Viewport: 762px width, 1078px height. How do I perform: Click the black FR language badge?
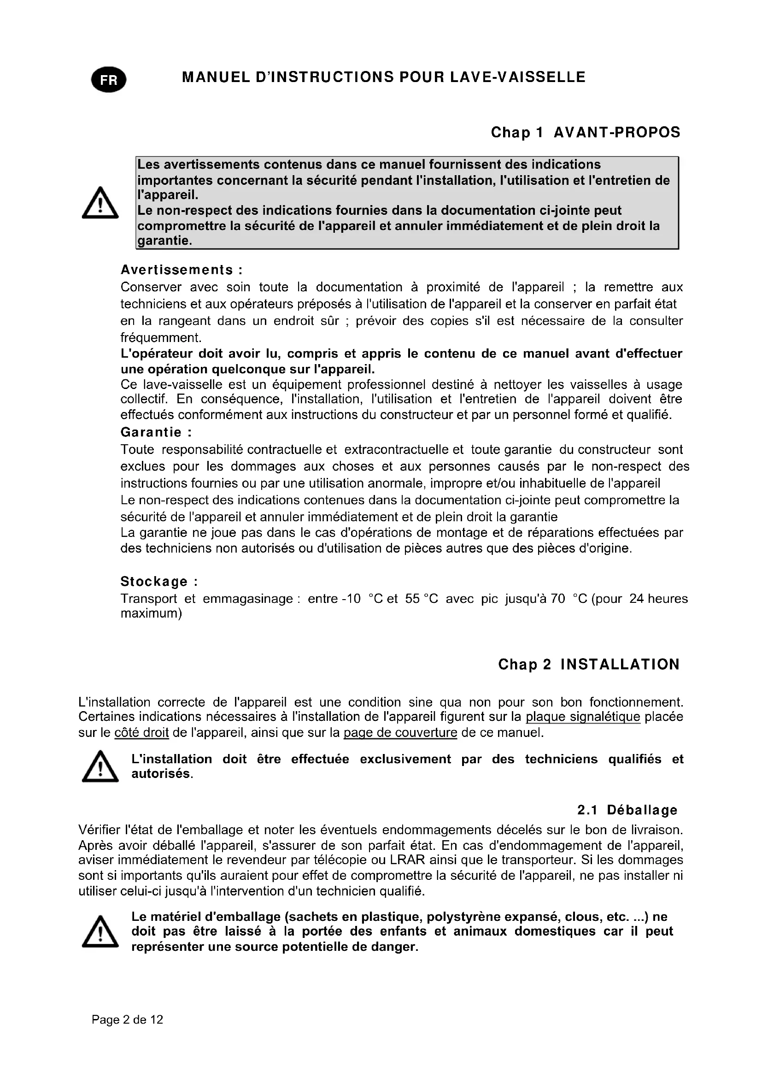pyautogui.click(x=108, y=80)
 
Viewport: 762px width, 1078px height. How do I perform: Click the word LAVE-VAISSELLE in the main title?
pyautogui.click(x=517, y=77)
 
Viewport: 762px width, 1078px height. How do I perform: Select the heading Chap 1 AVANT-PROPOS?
pyautogui.click(x=585, y=132)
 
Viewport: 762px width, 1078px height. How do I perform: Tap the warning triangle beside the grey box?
pyautogui.click(x=100, y=203)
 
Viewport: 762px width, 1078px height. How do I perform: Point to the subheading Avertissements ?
pyautogui.click(x=182, y=270)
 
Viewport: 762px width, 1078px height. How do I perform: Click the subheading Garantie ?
pyautogui.click(x=156, y=432)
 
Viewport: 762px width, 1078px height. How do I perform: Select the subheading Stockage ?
pyautogui.click(x=159, y=581)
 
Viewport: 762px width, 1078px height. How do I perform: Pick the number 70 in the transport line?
pyautogui.click(x=558, y=599)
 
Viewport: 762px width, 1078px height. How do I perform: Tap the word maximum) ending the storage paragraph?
pyautogui.click(x=151, y=613)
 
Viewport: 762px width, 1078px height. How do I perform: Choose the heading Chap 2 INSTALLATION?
pyautogui.click(x=589, y=665)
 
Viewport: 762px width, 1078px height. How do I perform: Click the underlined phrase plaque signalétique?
pyautogui.click(x=583, y=717)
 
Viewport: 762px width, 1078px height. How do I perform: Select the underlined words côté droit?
pyautogui.click(x=141, y=732)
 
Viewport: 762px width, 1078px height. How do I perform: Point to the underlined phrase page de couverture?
pyautogui.click(x=400, y=732)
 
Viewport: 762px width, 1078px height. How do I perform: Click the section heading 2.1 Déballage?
pyautogui.click(x=627, y=810)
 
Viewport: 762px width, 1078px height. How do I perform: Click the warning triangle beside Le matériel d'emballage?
pyautogui.click(x=100, y=931)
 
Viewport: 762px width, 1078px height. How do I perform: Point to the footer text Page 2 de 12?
pyautogui.click(x=128, y=1019)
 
